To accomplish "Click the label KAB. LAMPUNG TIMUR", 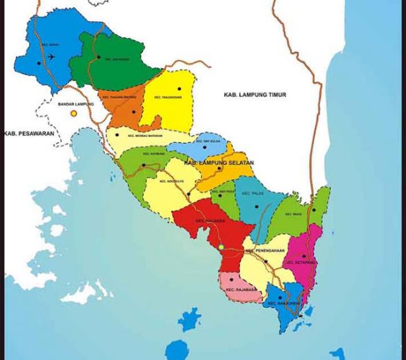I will coord(254,94).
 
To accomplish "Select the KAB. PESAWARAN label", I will coord(29,134).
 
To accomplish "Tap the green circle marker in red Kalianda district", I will coord(221,246).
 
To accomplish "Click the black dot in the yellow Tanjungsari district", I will coord(179,88).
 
